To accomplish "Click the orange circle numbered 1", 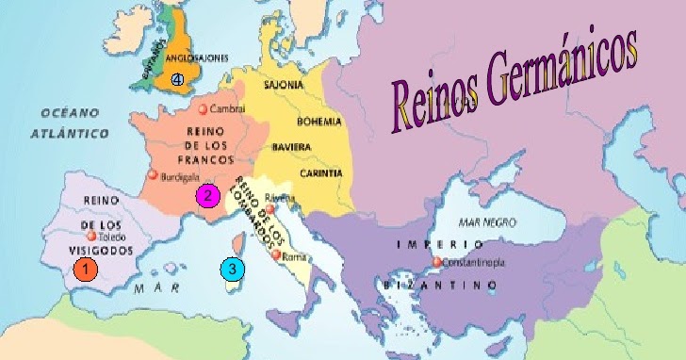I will (86, 270).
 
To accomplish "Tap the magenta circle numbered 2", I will (206, 196).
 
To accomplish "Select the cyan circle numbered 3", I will (232, 270).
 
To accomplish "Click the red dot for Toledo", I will (91, 237).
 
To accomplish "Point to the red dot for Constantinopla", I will (436, 262).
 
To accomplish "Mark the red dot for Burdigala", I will (153, 175).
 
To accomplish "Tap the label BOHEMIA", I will (291, 122).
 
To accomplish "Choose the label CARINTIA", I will (295, 173).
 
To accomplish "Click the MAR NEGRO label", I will (486, 222).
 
